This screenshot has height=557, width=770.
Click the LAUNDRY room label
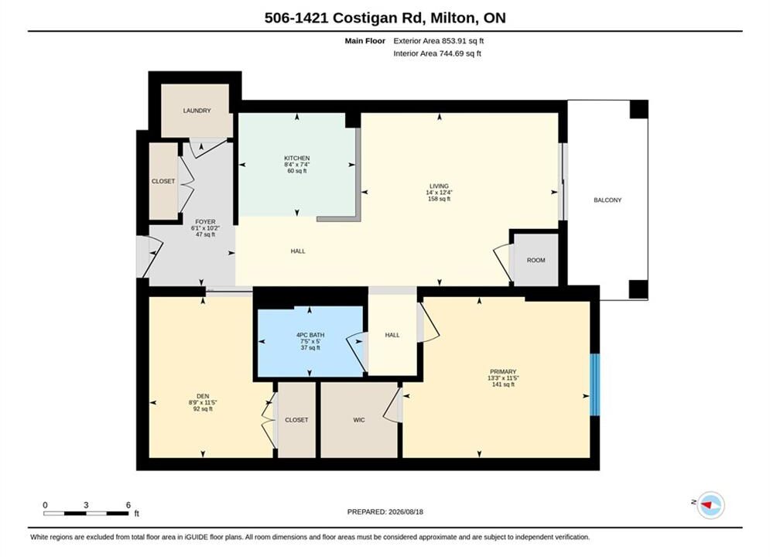click(197, 111)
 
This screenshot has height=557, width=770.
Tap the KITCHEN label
click(296, 158)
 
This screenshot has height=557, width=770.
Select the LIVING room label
click(439, 186)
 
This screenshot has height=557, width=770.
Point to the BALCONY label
click(607, 200)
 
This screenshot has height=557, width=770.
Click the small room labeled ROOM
click(536, 260)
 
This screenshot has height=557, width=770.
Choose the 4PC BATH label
click(310, 335)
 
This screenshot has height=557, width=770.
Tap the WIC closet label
click(359, 420)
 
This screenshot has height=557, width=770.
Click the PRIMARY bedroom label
click(503, 371)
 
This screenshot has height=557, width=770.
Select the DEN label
click(203, 396)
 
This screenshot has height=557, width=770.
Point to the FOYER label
click(205, 222)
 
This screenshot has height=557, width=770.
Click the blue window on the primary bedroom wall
click(594, 384)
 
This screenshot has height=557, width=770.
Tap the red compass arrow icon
click(707, 504)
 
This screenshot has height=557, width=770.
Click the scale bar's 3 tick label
click(86, 505)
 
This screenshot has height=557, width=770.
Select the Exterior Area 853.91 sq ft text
click(439, 41)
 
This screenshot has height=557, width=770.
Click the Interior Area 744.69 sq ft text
click(437, 53)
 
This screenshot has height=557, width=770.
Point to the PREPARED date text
click(385, 512)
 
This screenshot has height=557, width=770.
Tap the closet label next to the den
click(296, 420)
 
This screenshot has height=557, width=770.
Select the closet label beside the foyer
click(163, 182)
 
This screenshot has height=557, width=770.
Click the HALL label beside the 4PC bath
click(392, 335)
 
